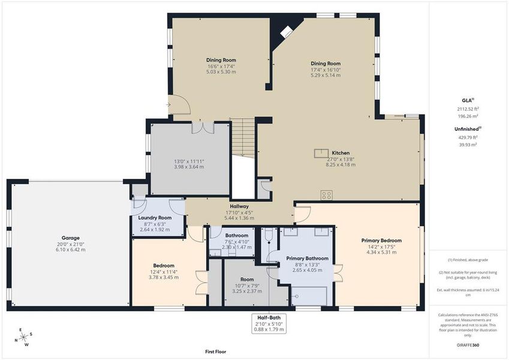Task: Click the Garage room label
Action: coord(70,238)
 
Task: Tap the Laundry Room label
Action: coord(155,218)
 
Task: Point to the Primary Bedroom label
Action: coord(381,240)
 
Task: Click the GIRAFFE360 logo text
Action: coord(467,345)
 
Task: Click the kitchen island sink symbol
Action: coord(321,154)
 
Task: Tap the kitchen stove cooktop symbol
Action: coord(327,195)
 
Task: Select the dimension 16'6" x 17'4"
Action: coord(221,67)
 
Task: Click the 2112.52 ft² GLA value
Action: coord(468,109)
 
